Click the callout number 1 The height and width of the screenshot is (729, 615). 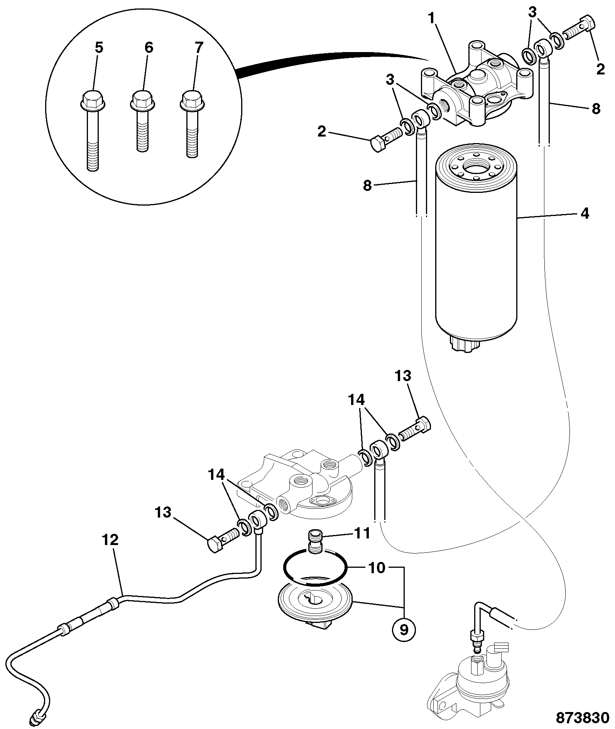point(433,19)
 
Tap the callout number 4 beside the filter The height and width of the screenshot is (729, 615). point(585,213)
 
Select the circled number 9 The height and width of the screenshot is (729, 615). point(404,630)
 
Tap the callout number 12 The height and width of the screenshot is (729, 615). point(110,540)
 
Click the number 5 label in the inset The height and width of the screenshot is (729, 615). point(99,48)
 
